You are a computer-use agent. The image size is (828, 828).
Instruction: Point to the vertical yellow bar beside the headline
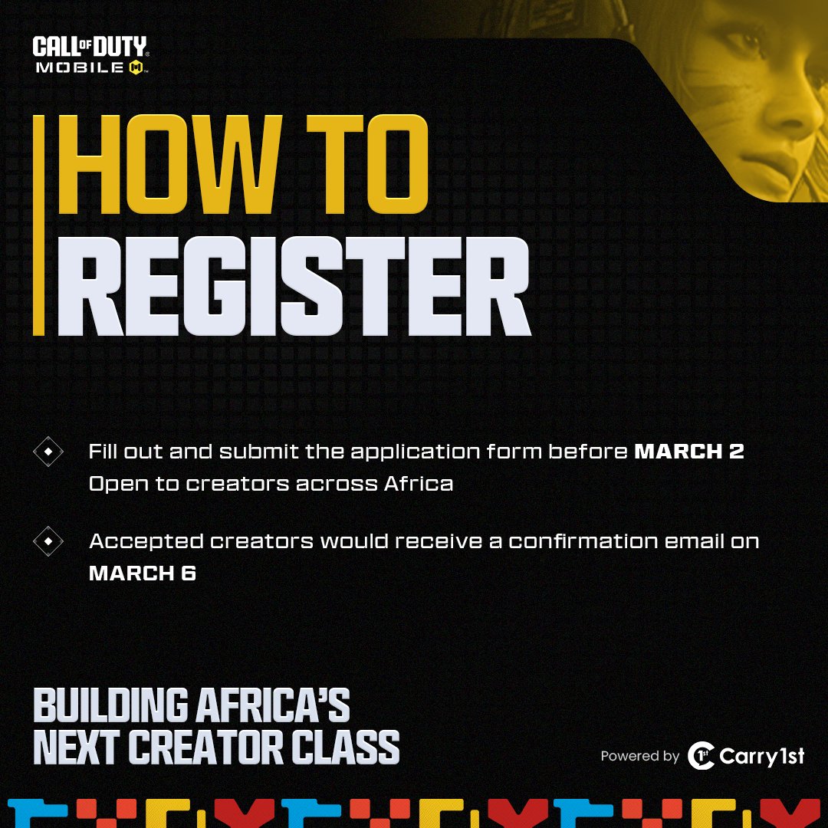click(38, 226)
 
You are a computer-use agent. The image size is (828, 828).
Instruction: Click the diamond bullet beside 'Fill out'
click(48, 452)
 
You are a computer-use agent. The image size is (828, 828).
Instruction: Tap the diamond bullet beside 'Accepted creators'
click(48, 542)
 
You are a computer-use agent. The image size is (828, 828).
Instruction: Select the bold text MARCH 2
click(688, 452)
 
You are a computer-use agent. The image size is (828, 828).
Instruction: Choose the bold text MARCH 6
click(143, 573)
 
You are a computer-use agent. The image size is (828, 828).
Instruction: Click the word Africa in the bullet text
click(419, 485)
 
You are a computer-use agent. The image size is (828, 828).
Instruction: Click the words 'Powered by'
click(639, 757)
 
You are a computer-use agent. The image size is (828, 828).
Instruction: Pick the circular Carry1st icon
click(700, 756)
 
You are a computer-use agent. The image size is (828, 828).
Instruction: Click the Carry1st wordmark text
click(762, 757)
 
